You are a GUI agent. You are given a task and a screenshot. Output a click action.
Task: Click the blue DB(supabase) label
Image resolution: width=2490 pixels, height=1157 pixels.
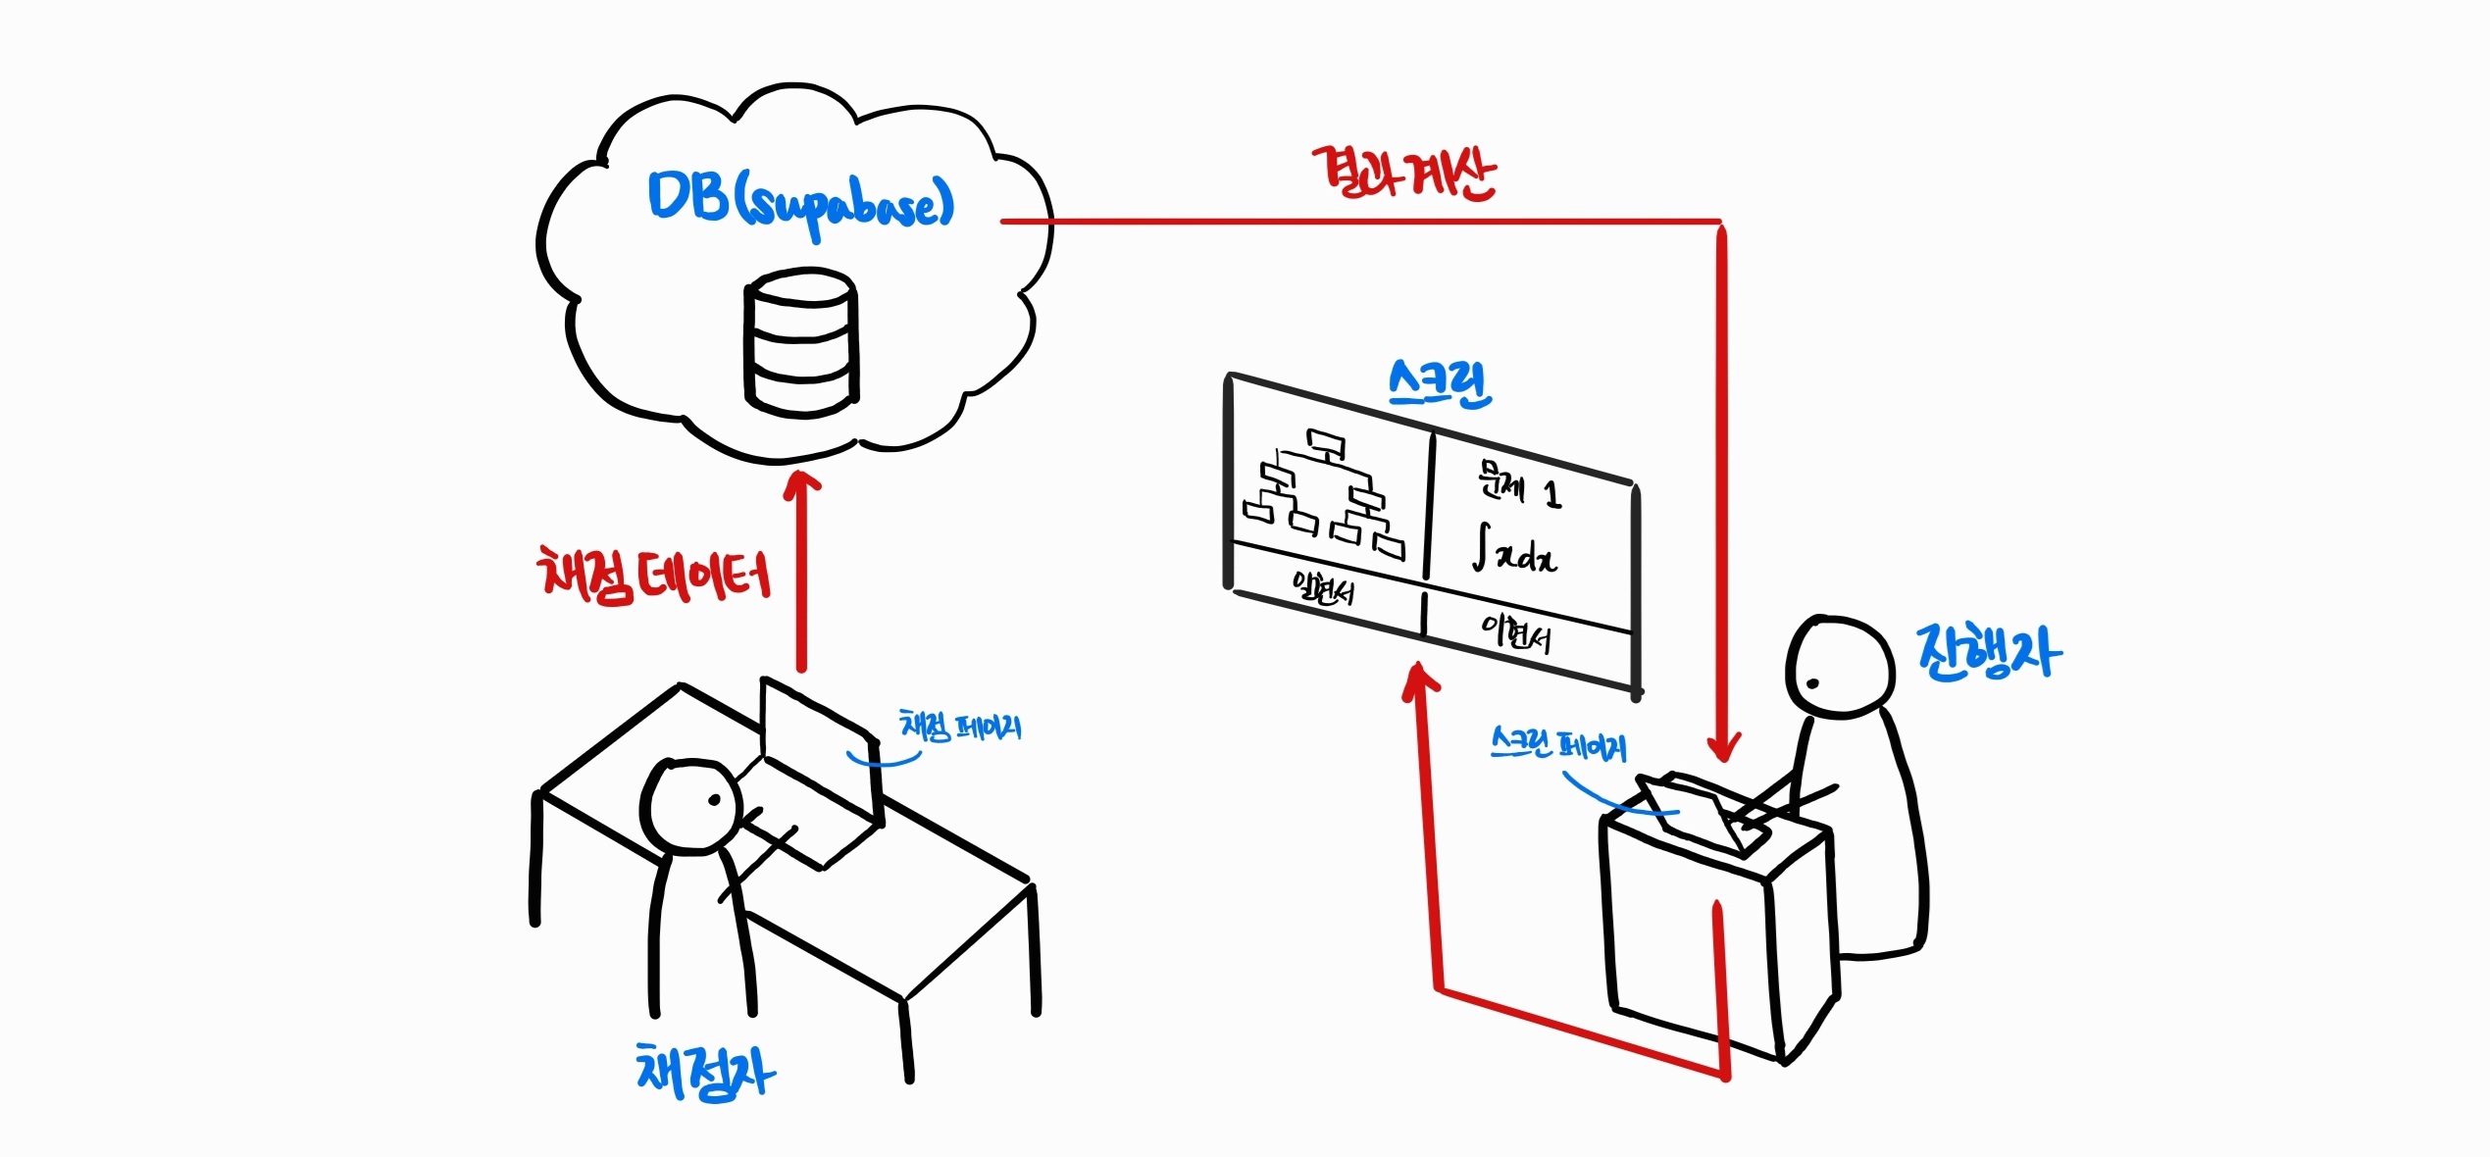tap(799, 202)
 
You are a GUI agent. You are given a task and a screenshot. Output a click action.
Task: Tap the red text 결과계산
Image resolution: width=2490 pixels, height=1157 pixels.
tap(1403, 175)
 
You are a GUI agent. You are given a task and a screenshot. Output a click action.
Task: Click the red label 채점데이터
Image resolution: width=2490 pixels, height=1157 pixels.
tap(654, 576)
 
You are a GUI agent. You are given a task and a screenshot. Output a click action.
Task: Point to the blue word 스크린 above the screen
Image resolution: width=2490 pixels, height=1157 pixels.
tap(1440, 383)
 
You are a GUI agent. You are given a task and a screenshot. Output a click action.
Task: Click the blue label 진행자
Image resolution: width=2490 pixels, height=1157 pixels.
tap(1989, 652)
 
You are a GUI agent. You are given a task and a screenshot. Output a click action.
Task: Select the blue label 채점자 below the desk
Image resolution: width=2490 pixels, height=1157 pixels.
tap(705, 1072)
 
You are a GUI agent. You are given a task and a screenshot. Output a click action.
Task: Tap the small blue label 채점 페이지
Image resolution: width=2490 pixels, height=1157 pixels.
tap(960, 727)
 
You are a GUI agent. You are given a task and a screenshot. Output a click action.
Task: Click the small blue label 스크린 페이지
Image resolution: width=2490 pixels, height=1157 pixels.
tap(1557, 745)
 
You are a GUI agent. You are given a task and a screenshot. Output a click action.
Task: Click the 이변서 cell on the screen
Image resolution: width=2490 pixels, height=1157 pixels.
tap(1515, 634)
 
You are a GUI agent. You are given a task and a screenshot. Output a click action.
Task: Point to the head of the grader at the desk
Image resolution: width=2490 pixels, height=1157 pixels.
tap(691, 806)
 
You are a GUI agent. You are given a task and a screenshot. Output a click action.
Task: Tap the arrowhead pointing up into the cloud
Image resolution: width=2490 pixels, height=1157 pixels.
tap(802, 483)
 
